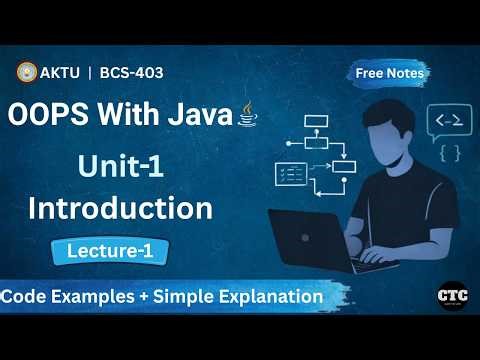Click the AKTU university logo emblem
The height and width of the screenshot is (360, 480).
coord(26,72)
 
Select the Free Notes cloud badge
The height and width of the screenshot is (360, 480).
coord(391,72)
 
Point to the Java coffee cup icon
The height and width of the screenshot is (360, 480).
coord(247,116)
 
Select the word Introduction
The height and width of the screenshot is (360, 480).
coord(120,208)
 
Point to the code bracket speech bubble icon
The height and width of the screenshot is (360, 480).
coord(448,122)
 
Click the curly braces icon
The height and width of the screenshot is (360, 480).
coord(449,154)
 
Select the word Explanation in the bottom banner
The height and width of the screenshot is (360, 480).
coord(271,296)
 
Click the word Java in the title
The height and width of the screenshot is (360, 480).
coord(196,114)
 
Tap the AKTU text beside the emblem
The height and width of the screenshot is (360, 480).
coord(60,72)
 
